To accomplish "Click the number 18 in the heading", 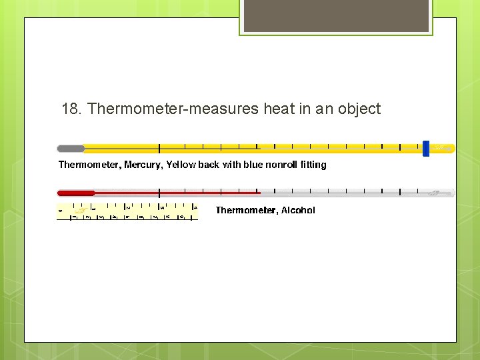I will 69,109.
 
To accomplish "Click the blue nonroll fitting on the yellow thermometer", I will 426,148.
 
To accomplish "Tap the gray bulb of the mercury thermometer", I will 71,148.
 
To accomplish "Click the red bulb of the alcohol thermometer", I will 75,193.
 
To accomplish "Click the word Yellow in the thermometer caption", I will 181,165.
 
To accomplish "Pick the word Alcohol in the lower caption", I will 298,211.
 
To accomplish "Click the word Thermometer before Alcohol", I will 245,211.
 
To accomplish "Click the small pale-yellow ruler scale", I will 127,212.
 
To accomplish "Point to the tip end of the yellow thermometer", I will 445,148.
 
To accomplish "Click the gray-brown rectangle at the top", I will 336,16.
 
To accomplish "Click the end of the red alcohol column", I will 259,193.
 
